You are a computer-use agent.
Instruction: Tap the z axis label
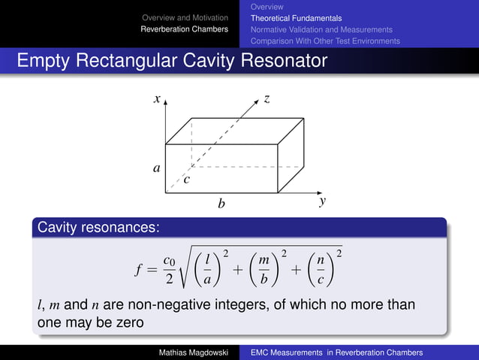pyautogui.click(x=267, y=98)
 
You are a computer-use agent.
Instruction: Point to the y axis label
pyautogui.click(x=322, y=201)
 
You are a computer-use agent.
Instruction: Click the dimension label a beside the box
pyautogui.click(x=157, y=168)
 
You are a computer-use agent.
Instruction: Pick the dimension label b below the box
pyautogui.click(x=221, y=203)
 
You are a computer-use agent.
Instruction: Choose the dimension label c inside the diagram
pyautogui.click(x=187, y=180)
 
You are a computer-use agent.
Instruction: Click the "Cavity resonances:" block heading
pyautogui.click(x=97, y=226)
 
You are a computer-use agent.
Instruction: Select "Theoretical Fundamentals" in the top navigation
pyautogui.click(x=296, y=18)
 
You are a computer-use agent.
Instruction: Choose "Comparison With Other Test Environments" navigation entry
pyautogui.click(x=325, y=41)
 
